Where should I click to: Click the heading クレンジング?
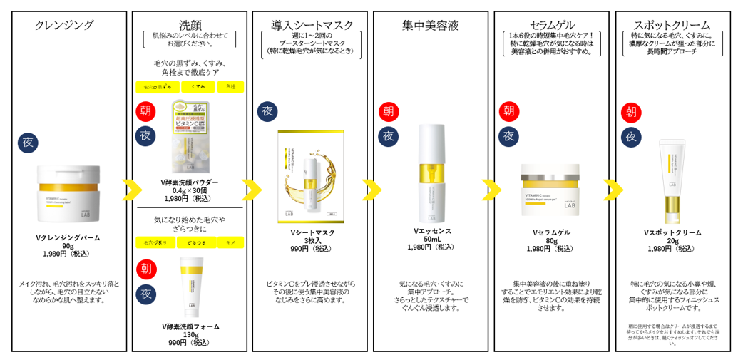64,25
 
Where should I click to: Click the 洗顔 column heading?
190,25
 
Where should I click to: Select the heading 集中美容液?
431,25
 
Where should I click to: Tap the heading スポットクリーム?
672,25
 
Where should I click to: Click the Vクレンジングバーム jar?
68,193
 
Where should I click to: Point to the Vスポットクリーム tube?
672,181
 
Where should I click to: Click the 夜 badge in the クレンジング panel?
28,143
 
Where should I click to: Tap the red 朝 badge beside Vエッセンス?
389,112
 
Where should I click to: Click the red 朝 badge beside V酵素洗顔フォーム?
147,269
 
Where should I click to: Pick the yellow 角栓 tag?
230,87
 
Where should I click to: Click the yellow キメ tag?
230,242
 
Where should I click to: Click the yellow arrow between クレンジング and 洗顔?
131,190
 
